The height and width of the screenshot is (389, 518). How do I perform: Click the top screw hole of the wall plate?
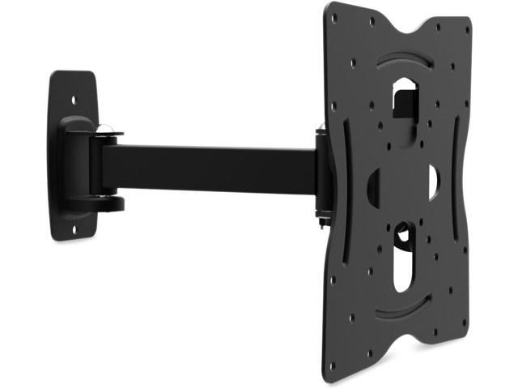74,100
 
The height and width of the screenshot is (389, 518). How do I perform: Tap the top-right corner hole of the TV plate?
466,30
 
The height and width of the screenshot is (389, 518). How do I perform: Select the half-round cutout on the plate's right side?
432,182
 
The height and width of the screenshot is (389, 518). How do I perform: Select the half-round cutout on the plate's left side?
373,187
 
